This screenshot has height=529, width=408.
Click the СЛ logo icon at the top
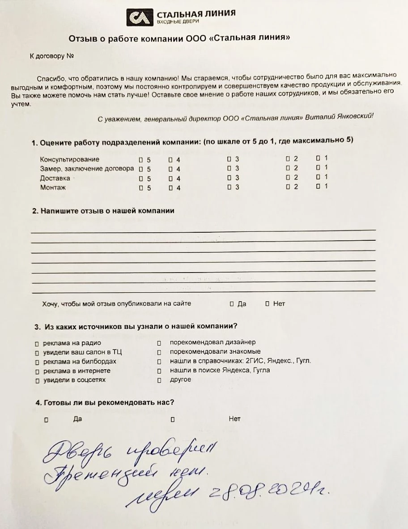click(x=139, y=17)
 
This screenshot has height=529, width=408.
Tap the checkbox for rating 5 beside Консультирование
click(x=141, y=159)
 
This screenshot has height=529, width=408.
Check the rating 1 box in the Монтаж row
click(x=318, y=187)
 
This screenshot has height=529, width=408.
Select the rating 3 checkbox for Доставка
click(x=229, y=178)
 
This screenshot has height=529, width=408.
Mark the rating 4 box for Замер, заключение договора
click(x=170, y=169)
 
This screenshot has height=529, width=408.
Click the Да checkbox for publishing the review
click(x=231, y=304)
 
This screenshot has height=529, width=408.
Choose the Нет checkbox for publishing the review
click(x=267, y=304)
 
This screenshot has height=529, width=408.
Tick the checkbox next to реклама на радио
click(x=37, y=344)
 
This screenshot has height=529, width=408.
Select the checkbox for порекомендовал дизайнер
click(x=159, y=343)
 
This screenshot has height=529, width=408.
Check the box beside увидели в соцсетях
click(x=37, y=381)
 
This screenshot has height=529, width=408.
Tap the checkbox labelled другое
click(x=159, y=380)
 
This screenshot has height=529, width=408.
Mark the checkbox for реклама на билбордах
click(x=37, y=362)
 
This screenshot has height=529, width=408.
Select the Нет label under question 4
click(x=234, y=419)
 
